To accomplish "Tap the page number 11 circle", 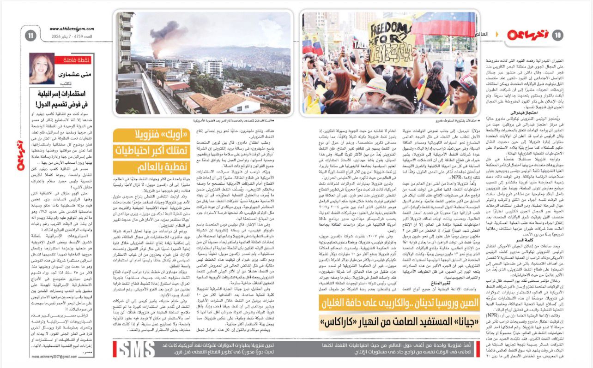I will point(31,35).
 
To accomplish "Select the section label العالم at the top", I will point(482,34).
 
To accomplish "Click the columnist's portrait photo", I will point(42,68).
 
